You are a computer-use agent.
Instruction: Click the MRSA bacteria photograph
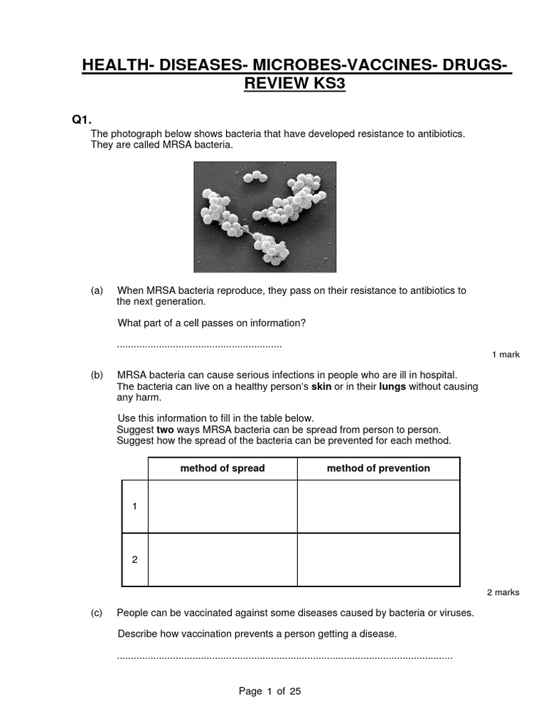pyautogui.click(x=265, y=217)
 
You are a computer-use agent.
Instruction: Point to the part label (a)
pyautogui.click(x=97, y=290)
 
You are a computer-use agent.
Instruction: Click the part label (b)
pyautogui.click(x=97, y=375)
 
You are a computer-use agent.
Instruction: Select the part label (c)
pyautogui.click(x=97, y=613)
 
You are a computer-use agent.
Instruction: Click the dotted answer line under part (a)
pyautogui.click(x=199, y=346)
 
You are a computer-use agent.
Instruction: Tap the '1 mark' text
pyautogui.click(x=505, y=355)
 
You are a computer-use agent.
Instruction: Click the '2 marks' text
pyautogui.click(x=503, y=593)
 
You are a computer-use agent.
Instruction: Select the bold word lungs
pyautogui.click(x=392, y=387)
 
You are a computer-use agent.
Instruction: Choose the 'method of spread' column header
pyautogui.click(x=223, y=469)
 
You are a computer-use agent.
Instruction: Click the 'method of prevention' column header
pyautogui.click(x=378, y=469)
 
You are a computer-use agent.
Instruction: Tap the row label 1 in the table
pyautogui.click(x=134, y=506)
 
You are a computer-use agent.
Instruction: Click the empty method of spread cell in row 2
pyautogui.click(x=223, y=559)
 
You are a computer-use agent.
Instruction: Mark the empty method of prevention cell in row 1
pyautogui.click(x=378, y=506)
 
